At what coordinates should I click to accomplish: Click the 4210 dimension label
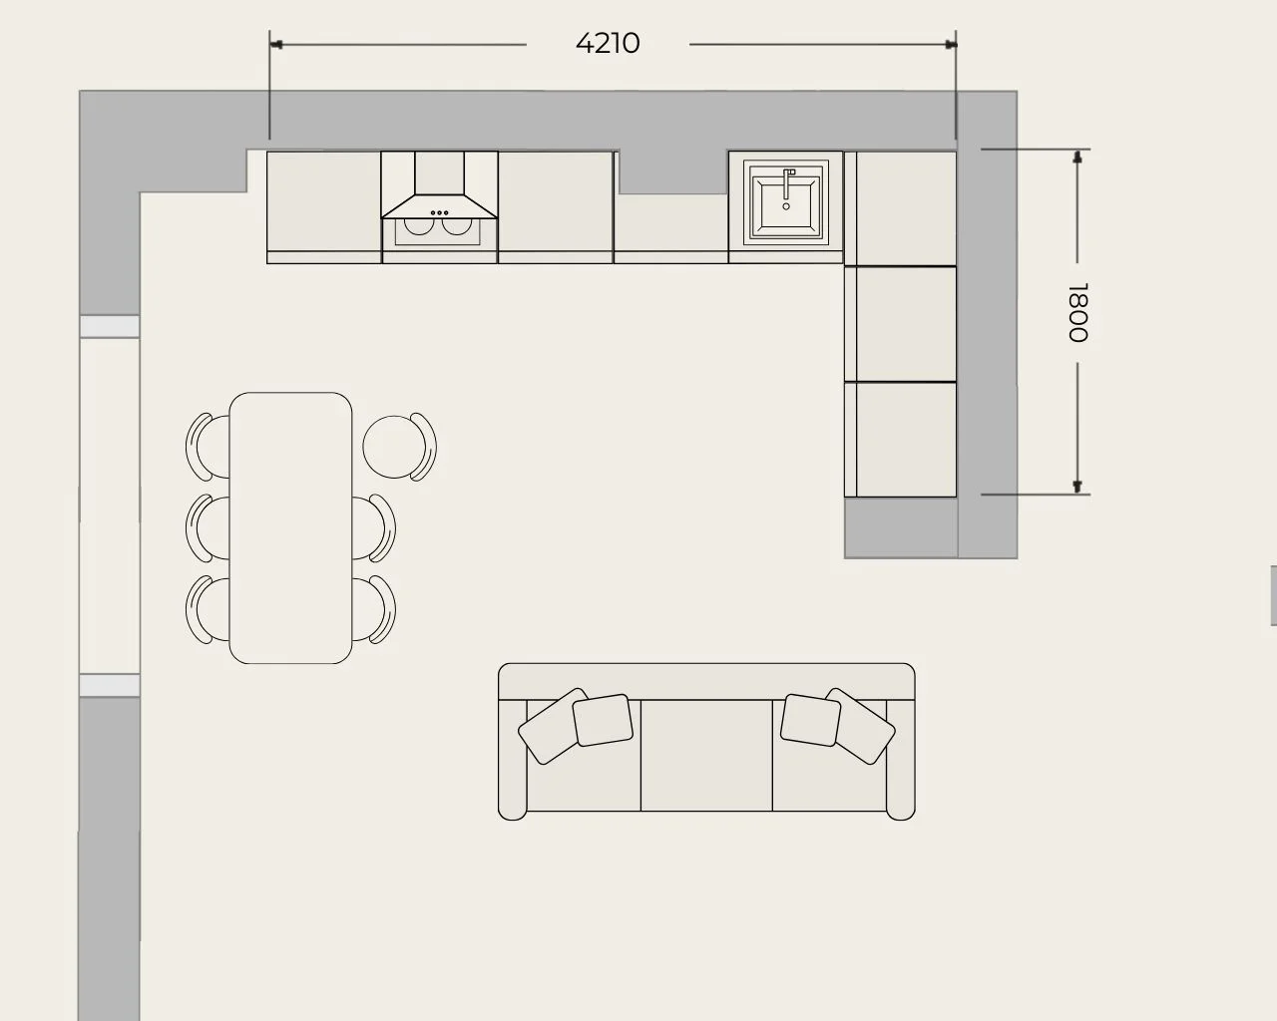(608, 43)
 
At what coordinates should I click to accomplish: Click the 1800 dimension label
(1077, 313)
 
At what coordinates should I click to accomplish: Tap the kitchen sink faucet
(787, 184)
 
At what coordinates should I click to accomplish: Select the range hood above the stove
(439, 184)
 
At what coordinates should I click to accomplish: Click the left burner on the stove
(418, 226)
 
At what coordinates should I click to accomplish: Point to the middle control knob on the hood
(439, 212)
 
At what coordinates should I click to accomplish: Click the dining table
(290, 527)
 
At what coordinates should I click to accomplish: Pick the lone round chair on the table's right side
(399, 447)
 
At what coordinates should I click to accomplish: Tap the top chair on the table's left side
(208, 446)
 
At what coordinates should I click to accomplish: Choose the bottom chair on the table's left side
(208, 609)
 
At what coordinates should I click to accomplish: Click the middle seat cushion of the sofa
(706, 755)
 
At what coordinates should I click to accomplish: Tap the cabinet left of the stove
(323, 207)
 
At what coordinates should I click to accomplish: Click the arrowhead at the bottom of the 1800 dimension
(1077, 487)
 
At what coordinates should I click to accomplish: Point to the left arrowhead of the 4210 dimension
(276, 45)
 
